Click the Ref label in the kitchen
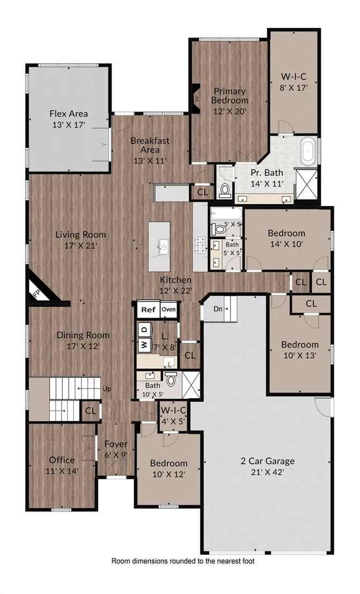pyautogui.click(x=148, y=309)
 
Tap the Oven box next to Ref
pyautogui.click(x=168, y=309)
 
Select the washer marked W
pyautogui.click(x=144, y=345)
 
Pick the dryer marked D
pyautogui.click(x=144, y=330)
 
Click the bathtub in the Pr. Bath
pyautogui.click(x=309, y=152)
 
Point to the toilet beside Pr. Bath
pyautogui.click(x=225, y=190)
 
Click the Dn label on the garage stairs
pyautogui.click(x=217, y=309)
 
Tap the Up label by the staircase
pyautogui.click(x=107, y=389)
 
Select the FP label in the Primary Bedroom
pyautogui.click(x=197, y=98)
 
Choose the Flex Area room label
pyautogui.click(x=69, y=113)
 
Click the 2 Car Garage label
pyautogui.click(x=268, y=461)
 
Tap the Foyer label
pyautogui.click(x=116, y=443)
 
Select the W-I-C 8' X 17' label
pyautogui.click(x=294, y=82)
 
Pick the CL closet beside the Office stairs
pyautogui.click(x=91, y=411)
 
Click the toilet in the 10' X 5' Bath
pyautogui.click(x=171, y=379)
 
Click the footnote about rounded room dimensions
pyautogui.click(x=183, y=561)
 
